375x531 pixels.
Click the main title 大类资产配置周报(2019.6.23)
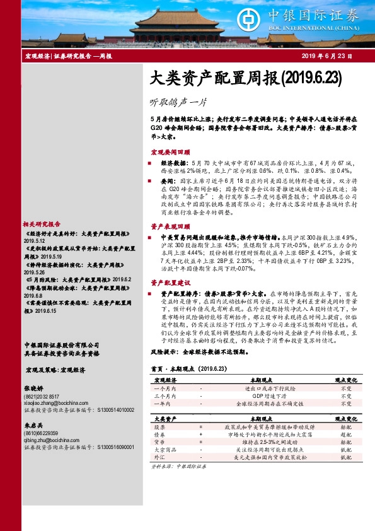(x=238, y=78)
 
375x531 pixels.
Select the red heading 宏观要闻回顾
(x=170, y=153)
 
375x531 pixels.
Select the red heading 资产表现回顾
(x=170, y=226)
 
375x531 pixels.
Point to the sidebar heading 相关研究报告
(x=42, y=224)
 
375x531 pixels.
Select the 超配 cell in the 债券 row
(x=346, y=435)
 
